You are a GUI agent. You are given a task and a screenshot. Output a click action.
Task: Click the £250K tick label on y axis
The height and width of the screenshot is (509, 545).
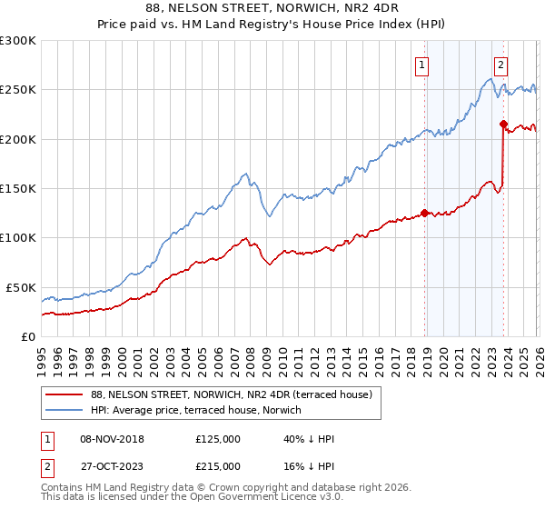[18, 90]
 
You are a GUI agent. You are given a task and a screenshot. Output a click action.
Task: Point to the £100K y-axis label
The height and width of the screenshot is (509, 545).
[18, 238]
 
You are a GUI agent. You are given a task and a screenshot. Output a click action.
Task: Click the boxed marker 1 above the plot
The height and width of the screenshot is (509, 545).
[424, 65]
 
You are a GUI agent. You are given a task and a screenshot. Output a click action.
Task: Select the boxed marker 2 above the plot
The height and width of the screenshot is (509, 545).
[500, 65]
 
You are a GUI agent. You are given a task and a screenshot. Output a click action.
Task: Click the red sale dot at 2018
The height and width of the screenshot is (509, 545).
[424, 214]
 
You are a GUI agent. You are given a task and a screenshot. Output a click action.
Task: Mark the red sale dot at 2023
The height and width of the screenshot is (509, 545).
[503, 124]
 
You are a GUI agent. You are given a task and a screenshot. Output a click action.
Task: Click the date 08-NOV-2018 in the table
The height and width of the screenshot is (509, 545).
[113, 439]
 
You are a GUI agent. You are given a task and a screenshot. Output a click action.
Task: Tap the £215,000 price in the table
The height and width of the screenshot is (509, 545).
[218, 464]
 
